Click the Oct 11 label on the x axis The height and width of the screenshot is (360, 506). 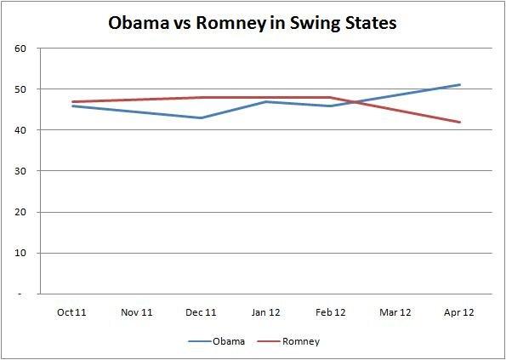coord(72,312)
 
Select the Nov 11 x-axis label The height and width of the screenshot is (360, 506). coord(137,312)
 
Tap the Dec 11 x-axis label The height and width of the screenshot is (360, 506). coord(202,312)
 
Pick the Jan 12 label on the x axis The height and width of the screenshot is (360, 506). coord(266,312)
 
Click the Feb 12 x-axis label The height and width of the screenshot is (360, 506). coord(331,312)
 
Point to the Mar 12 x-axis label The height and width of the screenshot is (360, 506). coord(395,312)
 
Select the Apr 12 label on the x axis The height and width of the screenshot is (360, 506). coord(460,312)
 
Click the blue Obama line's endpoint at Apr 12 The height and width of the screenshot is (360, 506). coord(460,85)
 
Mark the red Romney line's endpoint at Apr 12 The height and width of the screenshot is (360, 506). coord(460,123)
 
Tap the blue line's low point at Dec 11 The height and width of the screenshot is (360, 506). coord(202,117)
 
